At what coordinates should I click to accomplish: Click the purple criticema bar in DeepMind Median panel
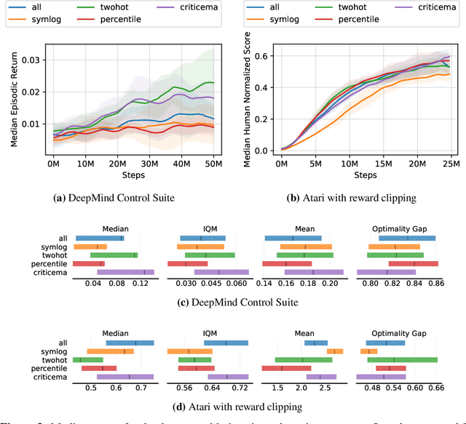(125, 272)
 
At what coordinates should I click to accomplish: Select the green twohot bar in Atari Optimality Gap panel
(403, 359)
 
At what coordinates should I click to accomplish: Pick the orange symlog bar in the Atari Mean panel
(335, 351)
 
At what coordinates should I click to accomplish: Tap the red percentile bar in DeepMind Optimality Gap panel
(403, 263)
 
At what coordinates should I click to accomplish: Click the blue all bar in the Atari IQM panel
(226, 343)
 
